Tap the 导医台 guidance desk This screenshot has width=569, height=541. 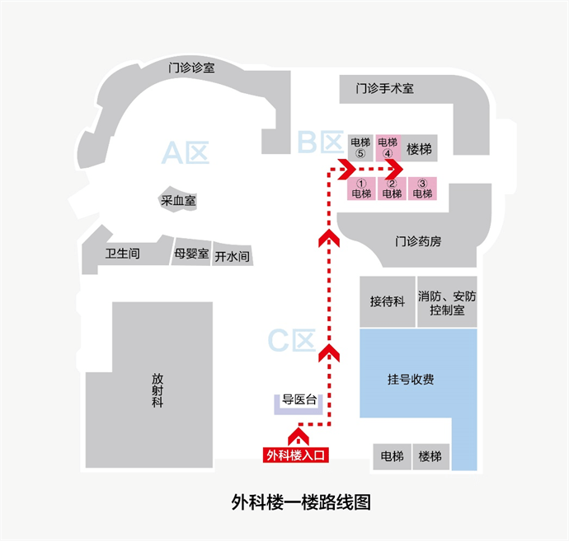coord(300,402)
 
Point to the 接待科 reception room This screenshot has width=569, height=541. coord(387,301)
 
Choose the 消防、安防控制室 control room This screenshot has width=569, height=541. coord(447,302)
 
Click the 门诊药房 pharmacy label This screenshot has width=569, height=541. coord(418,242)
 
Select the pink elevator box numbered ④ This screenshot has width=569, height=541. coord(388,148)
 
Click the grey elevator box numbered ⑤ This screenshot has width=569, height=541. coord(360,148)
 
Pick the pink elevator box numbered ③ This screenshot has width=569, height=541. coord(421,189)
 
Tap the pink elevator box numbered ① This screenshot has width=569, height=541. coord(361,189)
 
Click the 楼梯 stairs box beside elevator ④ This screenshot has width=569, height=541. coord(420,149)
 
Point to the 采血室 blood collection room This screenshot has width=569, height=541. coord(178,200)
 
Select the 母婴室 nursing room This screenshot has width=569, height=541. coord(192,254)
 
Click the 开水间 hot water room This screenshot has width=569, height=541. coord(232,255)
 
